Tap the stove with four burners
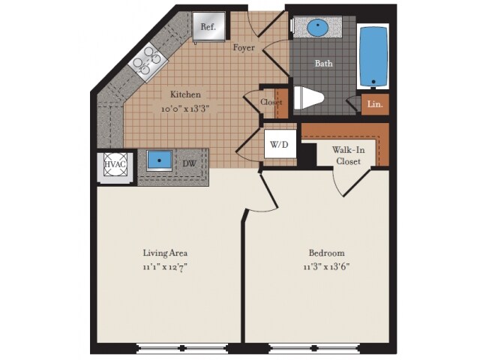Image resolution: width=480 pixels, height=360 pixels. pos(149,59)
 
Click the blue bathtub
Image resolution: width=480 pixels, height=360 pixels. pos(372,58)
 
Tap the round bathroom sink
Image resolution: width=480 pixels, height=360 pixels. pos(318,28)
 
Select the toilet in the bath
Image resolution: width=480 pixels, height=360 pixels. pos(308,97)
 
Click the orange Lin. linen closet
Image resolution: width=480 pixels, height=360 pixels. pos(374,105)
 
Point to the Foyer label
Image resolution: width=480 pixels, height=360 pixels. pos(244,48)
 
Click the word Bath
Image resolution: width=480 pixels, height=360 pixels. pos(323,64)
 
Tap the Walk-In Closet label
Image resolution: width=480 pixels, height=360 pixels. pos(349,155)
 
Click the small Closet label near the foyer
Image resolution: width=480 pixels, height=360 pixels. pos(270,103)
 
